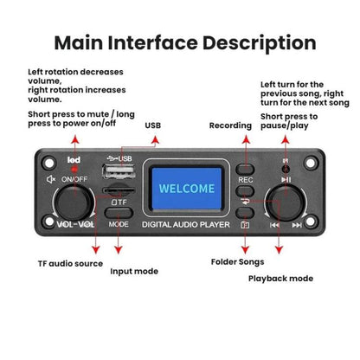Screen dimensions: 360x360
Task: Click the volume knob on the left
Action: pos(74,202)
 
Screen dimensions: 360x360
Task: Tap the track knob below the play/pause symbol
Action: pos(286,203)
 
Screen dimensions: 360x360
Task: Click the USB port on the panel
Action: pos(119,171)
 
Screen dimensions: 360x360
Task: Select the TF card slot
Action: pos(119,190)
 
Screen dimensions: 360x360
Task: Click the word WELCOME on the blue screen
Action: pos(187,189)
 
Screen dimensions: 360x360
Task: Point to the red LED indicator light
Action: pos(74,169)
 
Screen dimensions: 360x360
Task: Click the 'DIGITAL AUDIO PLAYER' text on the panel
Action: pos(186,224)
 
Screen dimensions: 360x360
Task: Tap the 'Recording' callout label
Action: pos(230,125)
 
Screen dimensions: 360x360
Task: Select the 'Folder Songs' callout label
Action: pos(237,262)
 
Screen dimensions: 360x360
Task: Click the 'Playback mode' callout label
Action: pos(280,279)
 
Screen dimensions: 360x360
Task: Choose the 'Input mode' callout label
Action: pos(134,271)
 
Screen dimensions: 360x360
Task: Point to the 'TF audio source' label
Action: pos(70,263)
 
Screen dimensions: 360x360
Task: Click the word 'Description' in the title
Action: pos(259,43)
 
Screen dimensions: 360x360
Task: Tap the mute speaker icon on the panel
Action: pos(51,179)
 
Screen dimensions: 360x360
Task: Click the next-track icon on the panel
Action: pos(297,225)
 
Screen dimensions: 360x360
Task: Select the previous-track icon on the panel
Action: pos(274,225)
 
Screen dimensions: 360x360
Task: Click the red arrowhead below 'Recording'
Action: pos(246,139)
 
